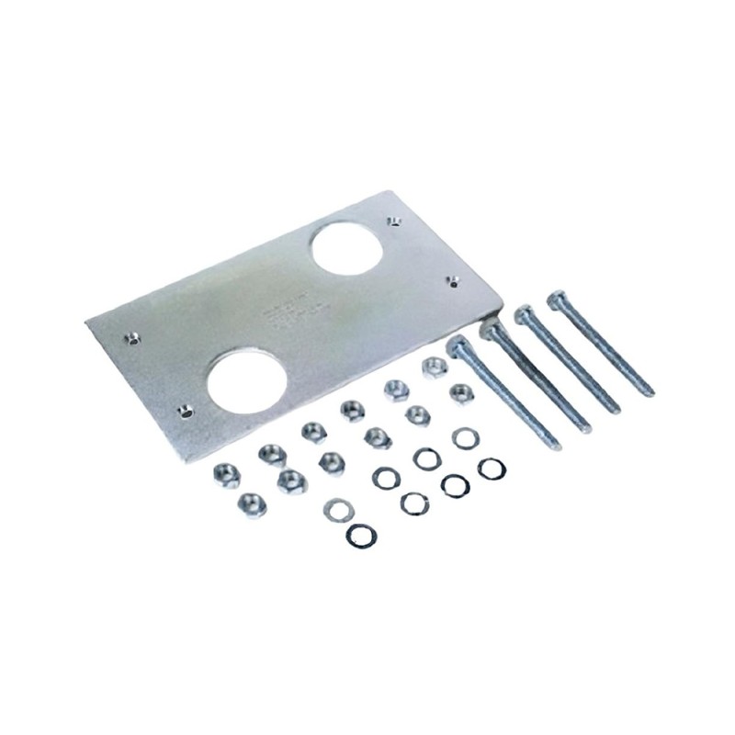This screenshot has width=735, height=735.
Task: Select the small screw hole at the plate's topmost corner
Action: point(393,221)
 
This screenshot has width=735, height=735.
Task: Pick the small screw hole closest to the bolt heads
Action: point(451,280)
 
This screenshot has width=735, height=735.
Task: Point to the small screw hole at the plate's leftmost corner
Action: point(133,338)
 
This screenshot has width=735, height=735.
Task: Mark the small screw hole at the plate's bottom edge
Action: point(187,412)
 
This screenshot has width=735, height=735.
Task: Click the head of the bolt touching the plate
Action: point(493,328)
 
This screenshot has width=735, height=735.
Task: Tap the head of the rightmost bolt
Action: point(556,299)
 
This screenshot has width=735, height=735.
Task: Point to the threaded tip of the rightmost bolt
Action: point(648,390)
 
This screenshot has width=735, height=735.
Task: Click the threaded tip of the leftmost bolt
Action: point(555,446)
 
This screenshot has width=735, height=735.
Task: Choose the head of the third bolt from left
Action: point(525,313)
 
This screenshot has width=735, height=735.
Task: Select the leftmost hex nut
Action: point(226,474)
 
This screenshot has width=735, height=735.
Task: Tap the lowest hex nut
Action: point(251,503)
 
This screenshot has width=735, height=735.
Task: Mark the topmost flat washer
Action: point(466,438)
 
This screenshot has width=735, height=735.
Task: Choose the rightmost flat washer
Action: point(492,468)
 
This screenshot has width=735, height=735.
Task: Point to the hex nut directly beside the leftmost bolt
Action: point(461,393)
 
